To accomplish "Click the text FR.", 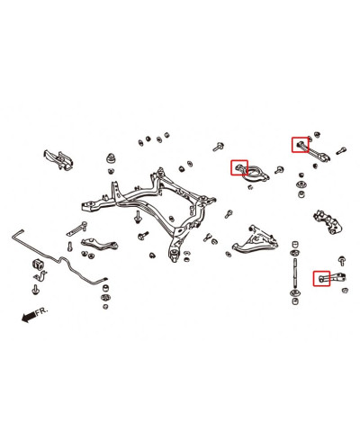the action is (41, 311).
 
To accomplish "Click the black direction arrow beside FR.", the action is (29, 317).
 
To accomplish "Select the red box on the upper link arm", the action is (300, 145).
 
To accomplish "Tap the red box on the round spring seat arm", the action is (239, 167).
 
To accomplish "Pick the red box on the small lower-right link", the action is (321, 278).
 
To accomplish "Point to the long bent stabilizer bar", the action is (60, 258).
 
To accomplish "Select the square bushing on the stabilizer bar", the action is (38, 265).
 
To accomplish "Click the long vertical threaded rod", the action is (295, 272).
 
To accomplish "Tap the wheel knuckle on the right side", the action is (328, 222).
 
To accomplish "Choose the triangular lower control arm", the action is (256, 241).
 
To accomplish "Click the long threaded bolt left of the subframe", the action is (76, 229).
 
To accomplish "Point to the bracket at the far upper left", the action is (58, 159).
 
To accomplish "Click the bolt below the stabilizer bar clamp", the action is (36, 290).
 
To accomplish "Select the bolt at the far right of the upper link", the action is (342, 150).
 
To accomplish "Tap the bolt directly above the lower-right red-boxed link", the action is (342, 261).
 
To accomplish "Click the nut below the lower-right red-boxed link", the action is (345, 291).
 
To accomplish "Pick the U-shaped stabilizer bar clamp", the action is (40, 276).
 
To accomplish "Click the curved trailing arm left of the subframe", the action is (99, 244).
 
